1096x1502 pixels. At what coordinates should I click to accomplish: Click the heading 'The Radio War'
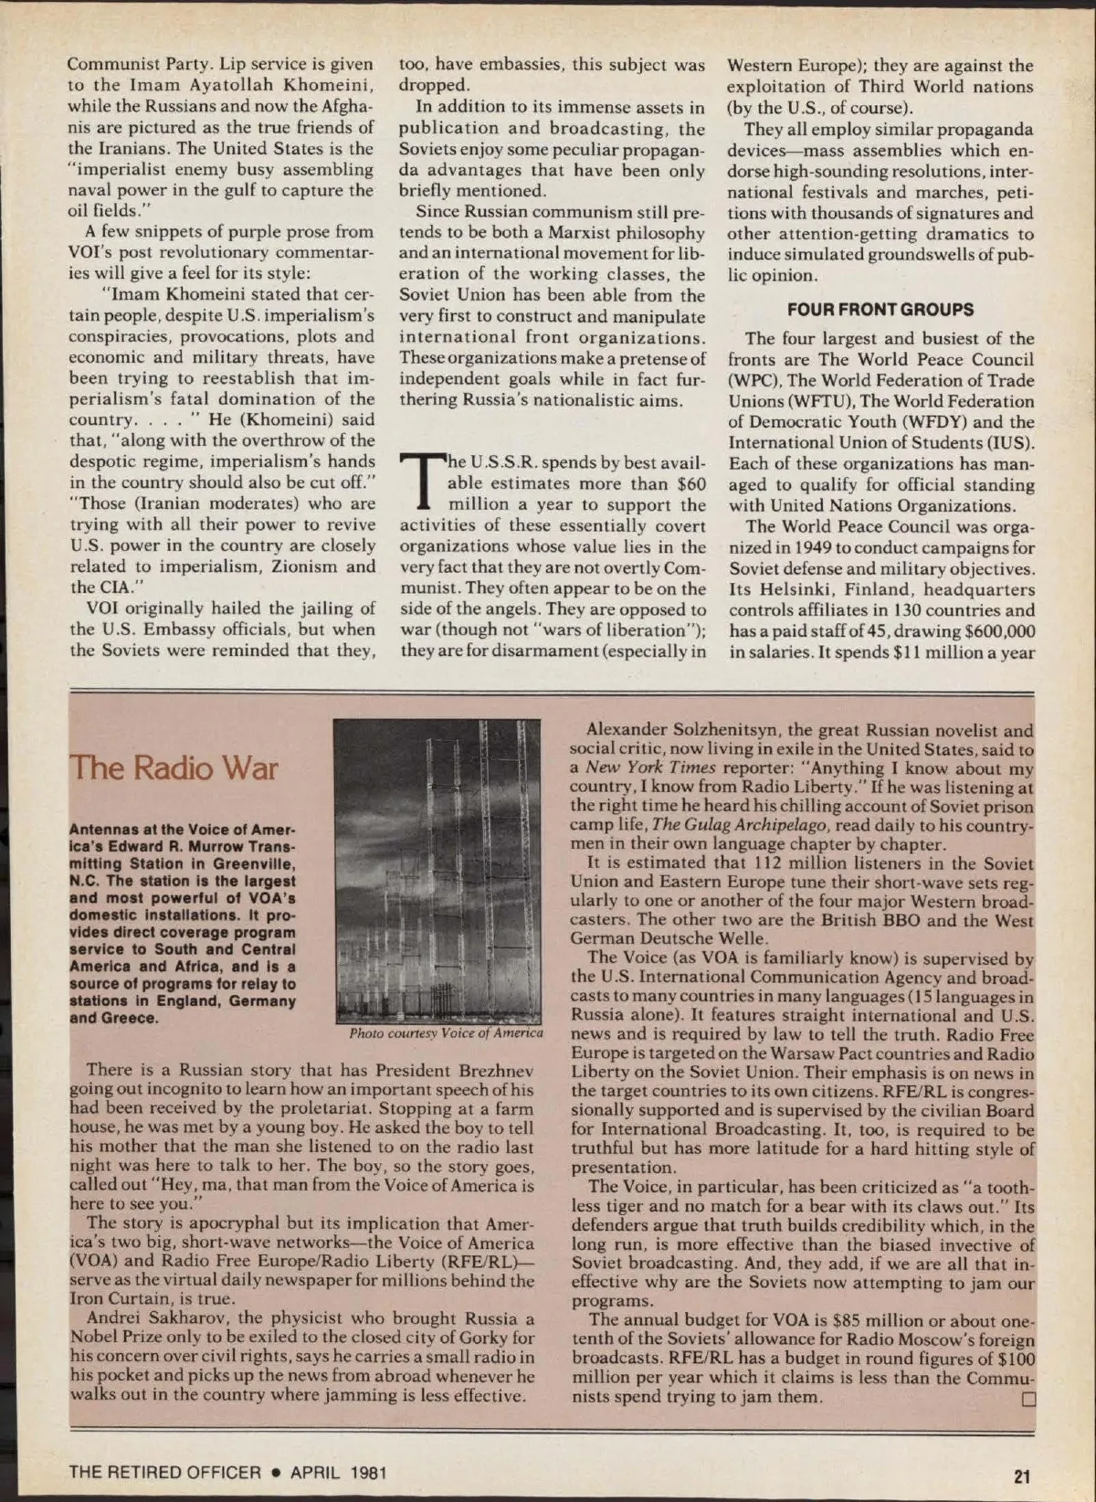click(174, 767)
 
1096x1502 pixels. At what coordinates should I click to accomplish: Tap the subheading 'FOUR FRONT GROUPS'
click(880, 310)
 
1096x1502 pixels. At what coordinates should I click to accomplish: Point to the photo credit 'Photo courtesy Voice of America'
click(446, 1033)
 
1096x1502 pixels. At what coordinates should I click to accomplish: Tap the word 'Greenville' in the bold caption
click(250, 864)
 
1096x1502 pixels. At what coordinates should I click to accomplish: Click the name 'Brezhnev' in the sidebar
click(491, 1070)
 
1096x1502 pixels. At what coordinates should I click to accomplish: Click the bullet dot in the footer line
click(272, 1473)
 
